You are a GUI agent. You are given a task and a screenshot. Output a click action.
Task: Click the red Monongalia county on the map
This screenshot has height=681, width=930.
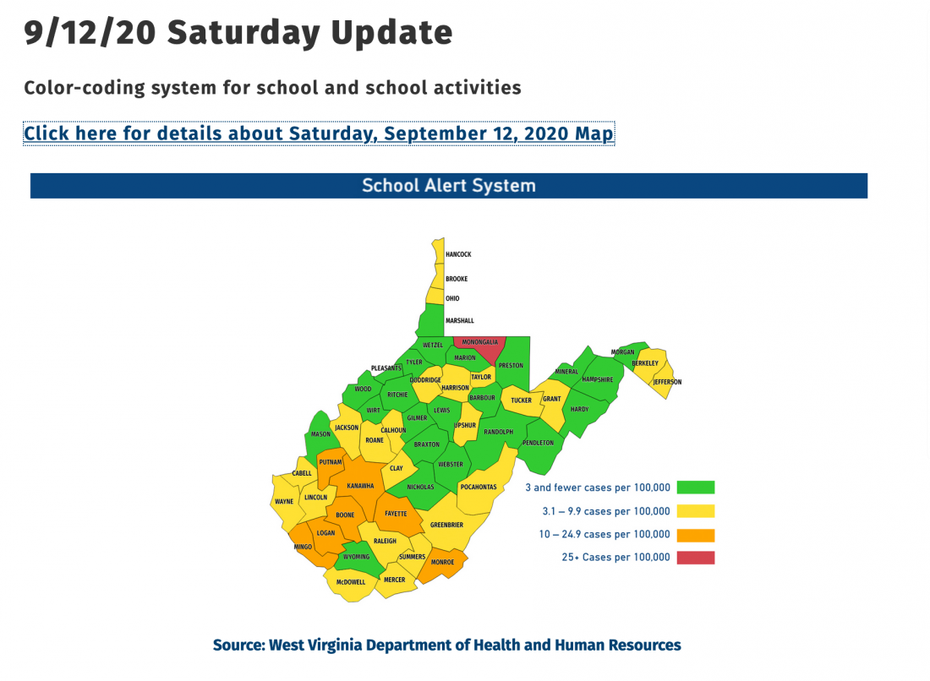click(x=479, y=347)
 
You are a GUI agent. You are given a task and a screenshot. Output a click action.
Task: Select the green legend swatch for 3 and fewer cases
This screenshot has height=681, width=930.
click(x=695, y=488)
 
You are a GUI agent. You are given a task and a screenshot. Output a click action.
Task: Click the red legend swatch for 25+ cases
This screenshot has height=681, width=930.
click(x=695, y=558)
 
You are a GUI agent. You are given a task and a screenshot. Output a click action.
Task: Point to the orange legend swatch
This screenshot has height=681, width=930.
click(x=695, y=535)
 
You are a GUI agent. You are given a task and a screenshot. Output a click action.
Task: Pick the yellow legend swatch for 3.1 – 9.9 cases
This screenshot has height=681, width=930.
click(x=695, y=511)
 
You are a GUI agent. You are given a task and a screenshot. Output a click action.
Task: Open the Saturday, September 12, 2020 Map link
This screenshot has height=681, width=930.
click(x=319, y=133)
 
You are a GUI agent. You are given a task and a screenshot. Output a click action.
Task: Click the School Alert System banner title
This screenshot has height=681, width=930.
click(x=448, y=186)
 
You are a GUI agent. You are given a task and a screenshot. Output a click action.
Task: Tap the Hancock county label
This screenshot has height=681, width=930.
click(x=458, y=254)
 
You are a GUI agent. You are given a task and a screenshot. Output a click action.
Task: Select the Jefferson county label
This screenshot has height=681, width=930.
click(x=666, y=382)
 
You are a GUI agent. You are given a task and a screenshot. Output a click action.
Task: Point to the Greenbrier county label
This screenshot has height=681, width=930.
click(x=446, y=525)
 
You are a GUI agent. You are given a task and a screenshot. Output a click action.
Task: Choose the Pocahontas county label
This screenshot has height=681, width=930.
click(x=478, y=487)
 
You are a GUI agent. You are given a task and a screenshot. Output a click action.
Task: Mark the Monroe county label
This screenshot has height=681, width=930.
click(x=442, y=562)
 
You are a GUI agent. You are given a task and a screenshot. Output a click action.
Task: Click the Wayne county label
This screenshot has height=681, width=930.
click(x=284, y=502)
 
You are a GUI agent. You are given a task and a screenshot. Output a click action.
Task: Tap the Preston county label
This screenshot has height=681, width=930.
click(x=510, y=366)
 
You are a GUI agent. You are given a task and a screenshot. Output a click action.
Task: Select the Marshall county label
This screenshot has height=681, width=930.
click(x=460, y=321)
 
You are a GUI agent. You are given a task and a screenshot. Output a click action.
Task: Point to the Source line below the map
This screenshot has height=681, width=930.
click(x=446, y=646)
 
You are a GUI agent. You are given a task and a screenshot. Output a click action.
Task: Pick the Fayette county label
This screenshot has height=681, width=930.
click(x=395, y=514)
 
